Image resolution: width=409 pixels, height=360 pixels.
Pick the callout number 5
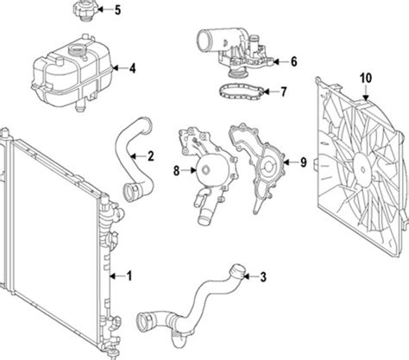click(118, 10)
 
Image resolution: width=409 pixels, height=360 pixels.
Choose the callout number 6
click(293, 62)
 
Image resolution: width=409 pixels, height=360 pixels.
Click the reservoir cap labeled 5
click(78, 13)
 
